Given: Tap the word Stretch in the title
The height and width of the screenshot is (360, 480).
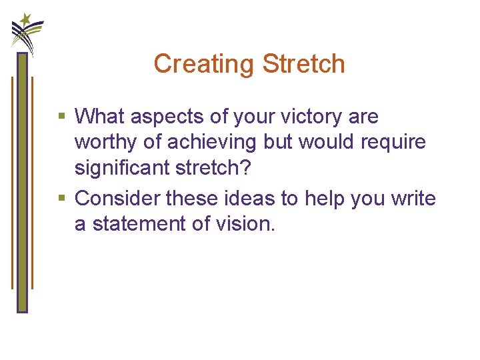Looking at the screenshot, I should (303, 64).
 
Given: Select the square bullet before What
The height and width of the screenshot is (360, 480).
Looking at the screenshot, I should (62, 117).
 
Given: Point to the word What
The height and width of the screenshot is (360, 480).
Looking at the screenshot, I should (100, 117).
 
